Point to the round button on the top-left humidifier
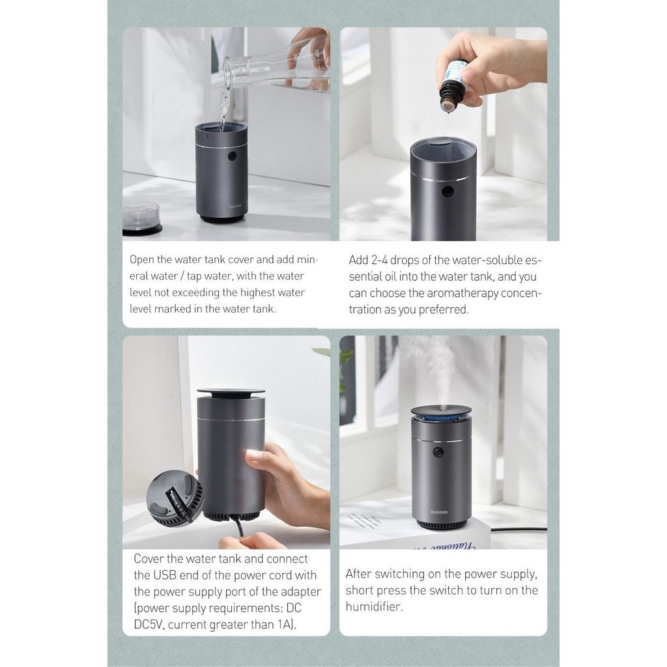click(x=232, y=156)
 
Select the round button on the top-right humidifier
click(x=447, y=192)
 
